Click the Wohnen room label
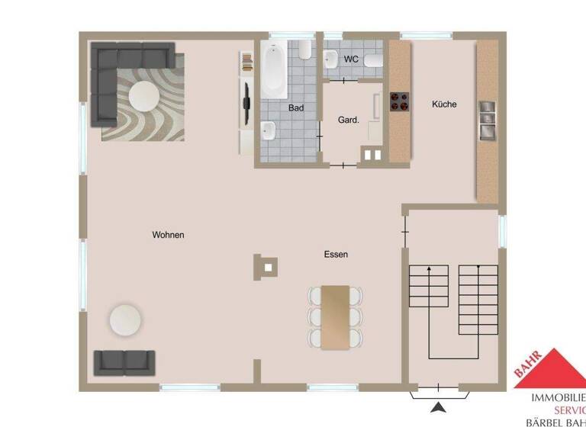tap(168, 235)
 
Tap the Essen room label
tap(336, 255)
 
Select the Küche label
tap(444, 104)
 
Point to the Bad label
tap(296, 108)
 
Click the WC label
tap(351, 59)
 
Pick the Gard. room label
tap(348, 120)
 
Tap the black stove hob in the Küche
tap(400, 101)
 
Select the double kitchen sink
tap(487, 120)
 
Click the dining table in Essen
tap(335, 317)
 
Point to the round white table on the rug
tap(143, 97)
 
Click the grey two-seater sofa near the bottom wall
tap(124, 363)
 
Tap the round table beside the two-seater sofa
tap(125, 320)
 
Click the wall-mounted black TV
tap(246, 100)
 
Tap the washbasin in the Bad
tap(269, 130)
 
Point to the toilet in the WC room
tap(373, 60)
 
